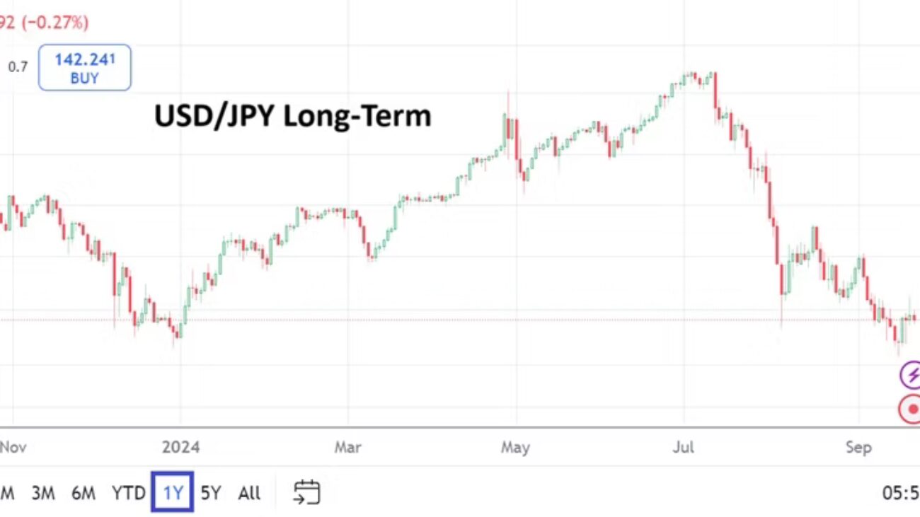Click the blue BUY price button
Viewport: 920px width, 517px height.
(x=84, y=68)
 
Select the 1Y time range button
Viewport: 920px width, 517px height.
(x=173, y=493)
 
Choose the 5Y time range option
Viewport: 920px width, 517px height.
(x=211, y=493)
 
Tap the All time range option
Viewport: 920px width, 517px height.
(x=249, y=493)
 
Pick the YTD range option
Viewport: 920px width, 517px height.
(x=128, y=493)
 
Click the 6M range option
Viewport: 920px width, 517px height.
(x=84, y=493)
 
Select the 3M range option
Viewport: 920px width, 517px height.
(x=43, y=493)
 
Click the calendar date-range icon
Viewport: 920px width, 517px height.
(x=306, y=492)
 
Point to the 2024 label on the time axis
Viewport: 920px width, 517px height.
(x=180, y=448)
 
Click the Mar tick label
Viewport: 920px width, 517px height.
(x=347, y=448)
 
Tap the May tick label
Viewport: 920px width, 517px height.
(x=515, y=448)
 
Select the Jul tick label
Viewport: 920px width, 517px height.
(x=684, y=448)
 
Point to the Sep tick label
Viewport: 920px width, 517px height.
(x=858, y=448)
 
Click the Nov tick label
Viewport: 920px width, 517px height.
(x=13, y=448)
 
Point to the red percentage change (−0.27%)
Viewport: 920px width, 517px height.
(x=56, y=23)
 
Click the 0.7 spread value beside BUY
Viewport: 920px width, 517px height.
(x=18, y=68)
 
